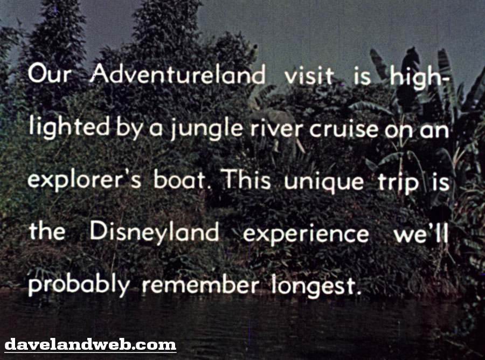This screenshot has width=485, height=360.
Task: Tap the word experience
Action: [x=306, y=234]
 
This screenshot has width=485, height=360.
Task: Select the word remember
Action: [x=200, y=284]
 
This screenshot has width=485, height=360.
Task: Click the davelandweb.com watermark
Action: [x=91, y=344]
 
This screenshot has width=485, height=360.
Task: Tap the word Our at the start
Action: [x=50, y=74]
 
